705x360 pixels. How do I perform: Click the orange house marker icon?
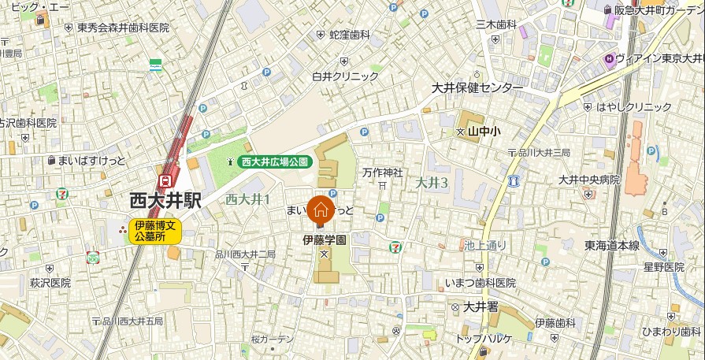(x=320, y=210)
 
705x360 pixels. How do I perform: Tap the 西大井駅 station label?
(x=165, y=201)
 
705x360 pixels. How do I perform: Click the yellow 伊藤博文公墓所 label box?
(x=156, y=230)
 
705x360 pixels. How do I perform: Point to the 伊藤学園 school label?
(x=325, y=239)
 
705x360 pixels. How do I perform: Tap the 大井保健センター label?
(x=477, y=87)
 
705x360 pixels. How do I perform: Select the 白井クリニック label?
(x=345, y=76)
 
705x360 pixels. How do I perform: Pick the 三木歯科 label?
(x=495, y=24)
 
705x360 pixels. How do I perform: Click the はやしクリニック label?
(x=634, y=106)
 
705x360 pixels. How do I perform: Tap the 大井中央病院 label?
(x=588, y=180)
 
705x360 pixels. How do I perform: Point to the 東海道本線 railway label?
(x=612, y=246)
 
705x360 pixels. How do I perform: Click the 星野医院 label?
(x=663, y=267)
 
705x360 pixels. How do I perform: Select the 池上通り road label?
(x=485, y=245)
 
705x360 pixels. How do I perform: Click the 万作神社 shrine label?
(x=383, y=173)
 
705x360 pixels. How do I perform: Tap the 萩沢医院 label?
(x=50, y=282)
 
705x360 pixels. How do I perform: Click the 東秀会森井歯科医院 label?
(x=123, y=28)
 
